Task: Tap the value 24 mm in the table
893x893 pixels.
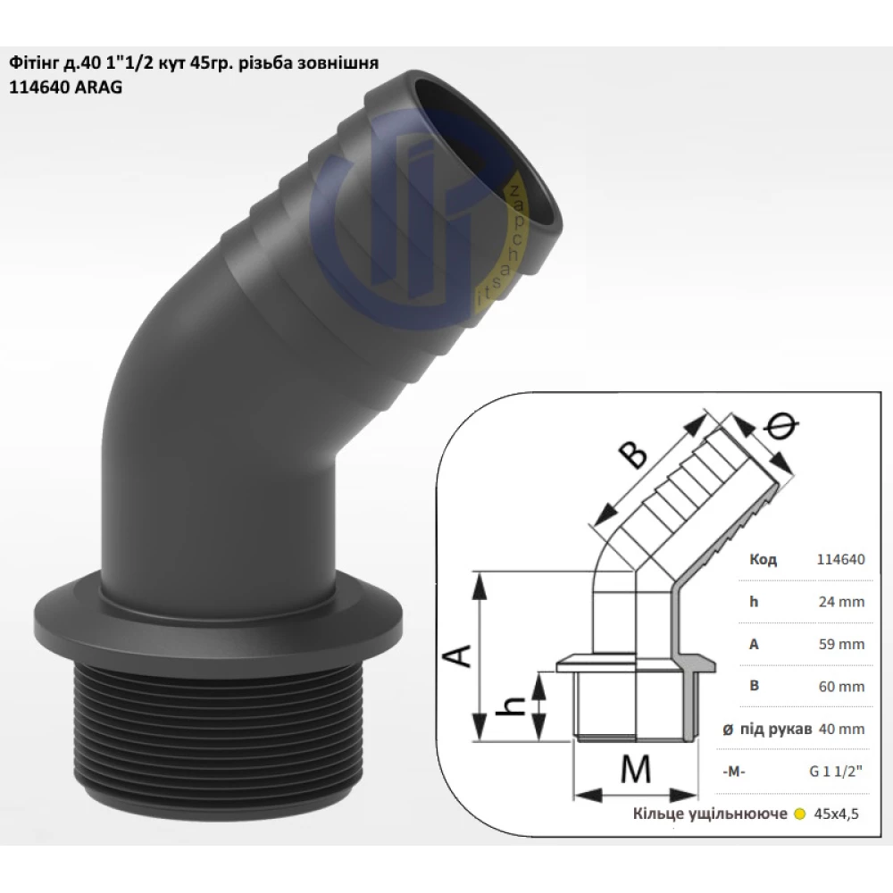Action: [x=841, y=601]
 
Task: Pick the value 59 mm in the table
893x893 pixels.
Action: [x=841, y=644]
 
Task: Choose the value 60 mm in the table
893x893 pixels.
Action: [x=841, y=686]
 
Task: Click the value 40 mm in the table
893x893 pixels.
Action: [x=841, y=729]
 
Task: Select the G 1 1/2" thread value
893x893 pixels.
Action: [x=836, y=772]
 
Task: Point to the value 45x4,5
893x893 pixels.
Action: [x=836, y=814]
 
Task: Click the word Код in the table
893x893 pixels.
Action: [x=764, y=559]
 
